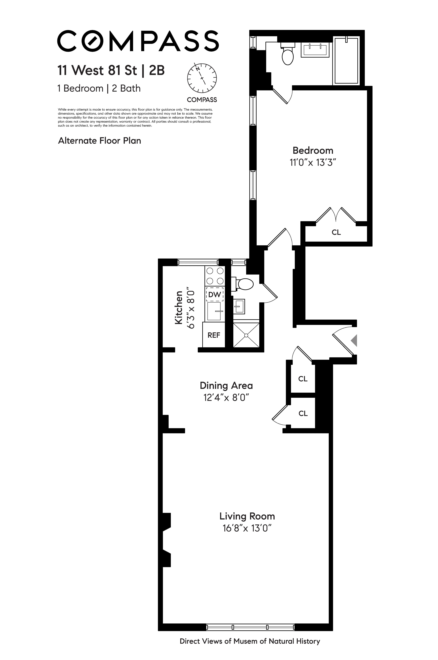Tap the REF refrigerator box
click(214, 335)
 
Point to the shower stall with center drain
click(246, 335)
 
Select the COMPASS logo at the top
click(138, 41)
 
